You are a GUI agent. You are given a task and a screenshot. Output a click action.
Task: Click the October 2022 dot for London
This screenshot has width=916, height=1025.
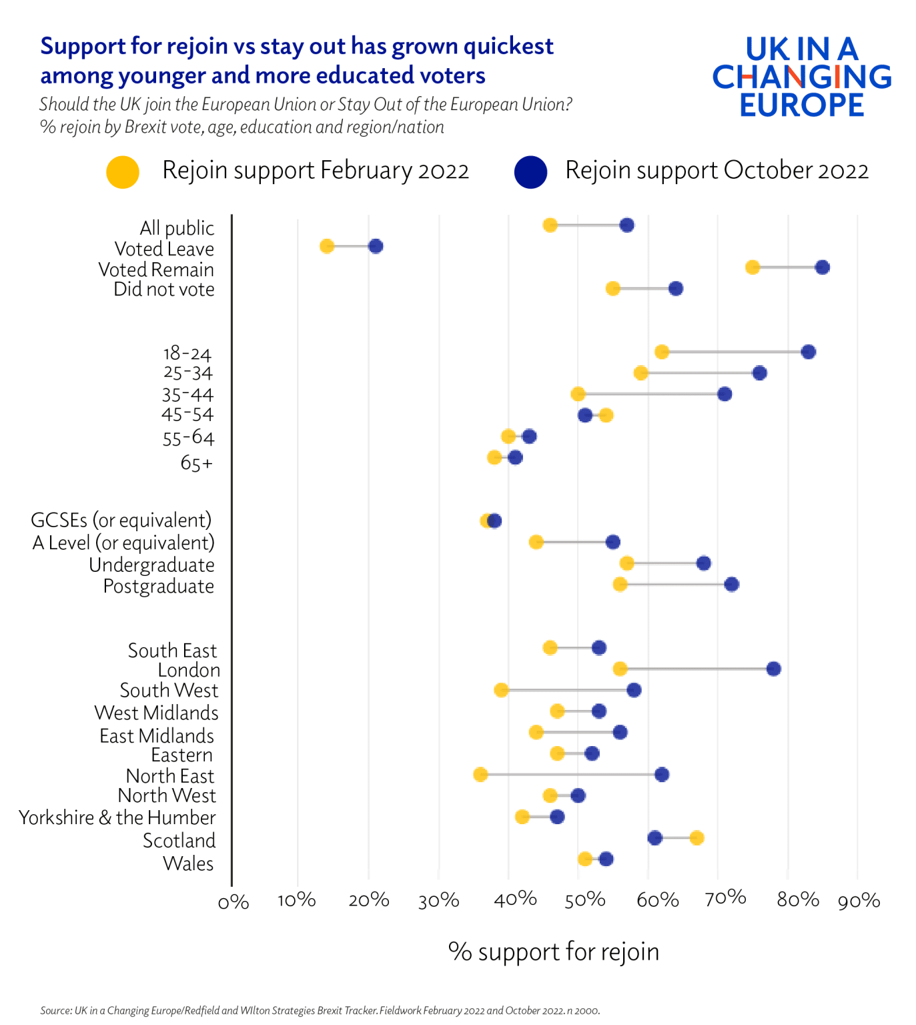[x=773, y=669]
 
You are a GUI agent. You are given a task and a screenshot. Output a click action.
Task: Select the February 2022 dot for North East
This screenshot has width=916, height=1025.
[x=480, y=775]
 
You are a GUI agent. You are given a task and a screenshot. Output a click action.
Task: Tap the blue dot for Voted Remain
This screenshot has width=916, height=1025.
[x=822, y=268]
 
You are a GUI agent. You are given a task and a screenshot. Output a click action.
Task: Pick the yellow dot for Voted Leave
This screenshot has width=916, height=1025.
[x=327, y=246]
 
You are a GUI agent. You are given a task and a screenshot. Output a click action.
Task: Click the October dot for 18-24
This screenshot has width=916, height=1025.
[x=808, y=352]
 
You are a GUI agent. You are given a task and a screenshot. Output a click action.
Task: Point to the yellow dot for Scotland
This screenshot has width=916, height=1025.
[x=697, y=837]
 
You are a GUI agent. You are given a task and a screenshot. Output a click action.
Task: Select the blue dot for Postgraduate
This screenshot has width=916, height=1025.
[x=731, y=585]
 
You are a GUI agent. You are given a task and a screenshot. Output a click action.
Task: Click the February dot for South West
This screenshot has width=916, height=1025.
[x=501, y=690]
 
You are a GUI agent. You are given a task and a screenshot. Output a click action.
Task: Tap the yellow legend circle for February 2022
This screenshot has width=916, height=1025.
[x=123, y=172]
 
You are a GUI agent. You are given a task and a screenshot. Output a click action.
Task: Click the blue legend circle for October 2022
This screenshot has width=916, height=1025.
[x=530, y=172]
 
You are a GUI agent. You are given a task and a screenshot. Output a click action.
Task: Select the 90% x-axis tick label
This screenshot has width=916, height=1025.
[x=859, y=902]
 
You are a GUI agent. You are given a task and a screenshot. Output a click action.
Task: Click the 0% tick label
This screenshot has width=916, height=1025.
[x=234, y=903]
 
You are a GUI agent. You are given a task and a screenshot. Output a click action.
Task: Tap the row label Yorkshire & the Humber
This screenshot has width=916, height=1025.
[x=117, y=817]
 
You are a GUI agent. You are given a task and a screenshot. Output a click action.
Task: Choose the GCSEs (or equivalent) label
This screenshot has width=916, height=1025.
[x=121, y=520]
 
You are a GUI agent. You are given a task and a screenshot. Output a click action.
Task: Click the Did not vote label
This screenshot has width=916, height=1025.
[x=164, y=289]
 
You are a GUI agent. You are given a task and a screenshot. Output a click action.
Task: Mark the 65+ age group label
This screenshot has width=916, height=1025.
[x=196, y=462]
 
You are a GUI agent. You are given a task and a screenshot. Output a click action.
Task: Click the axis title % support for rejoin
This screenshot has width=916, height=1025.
[x=553, y=952]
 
